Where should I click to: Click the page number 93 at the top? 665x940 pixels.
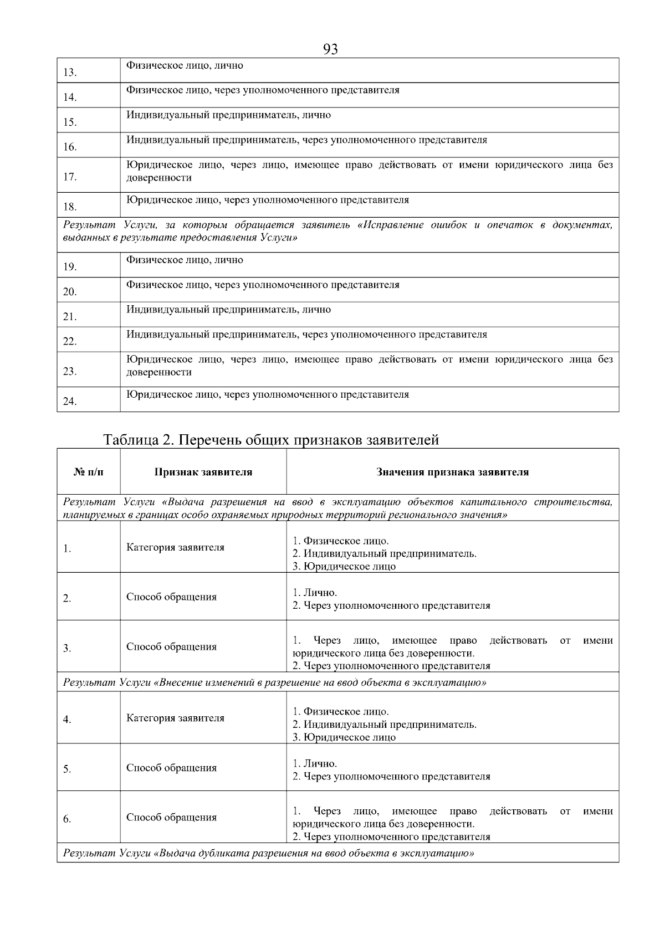click(x=330, y=50)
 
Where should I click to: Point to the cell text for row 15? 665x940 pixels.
click(x=228, y=115)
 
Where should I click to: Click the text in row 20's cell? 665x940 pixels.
click(x=263, y=285)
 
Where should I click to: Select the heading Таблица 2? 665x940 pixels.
click(x=272, y=440)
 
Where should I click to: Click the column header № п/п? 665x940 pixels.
click(x=88, y=472)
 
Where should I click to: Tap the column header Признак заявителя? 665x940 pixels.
click(x=203, y=472)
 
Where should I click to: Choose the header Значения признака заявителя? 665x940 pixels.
click(x=452, y=472)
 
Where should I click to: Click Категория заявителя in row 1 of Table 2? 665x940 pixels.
click(x=175, y=547)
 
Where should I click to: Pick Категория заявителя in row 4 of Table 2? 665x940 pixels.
click(x=175, y=718)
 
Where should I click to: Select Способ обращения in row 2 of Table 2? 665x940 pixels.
click(x=171, y=597)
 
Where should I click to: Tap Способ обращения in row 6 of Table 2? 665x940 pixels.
click(x=171, y=817)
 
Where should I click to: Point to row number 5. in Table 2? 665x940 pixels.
click(x=67, y=769)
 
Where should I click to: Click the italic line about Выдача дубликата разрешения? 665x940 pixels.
click(x=268, y=853)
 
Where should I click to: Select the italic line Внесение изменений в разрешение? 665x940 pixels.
click(x=274, y=682)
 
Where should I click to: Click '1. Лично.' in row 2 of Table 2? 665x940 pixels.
click(x=315, y=593)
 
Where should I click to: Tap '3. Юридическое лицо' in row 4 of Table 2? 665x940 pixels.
click(x=344, y=737)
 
